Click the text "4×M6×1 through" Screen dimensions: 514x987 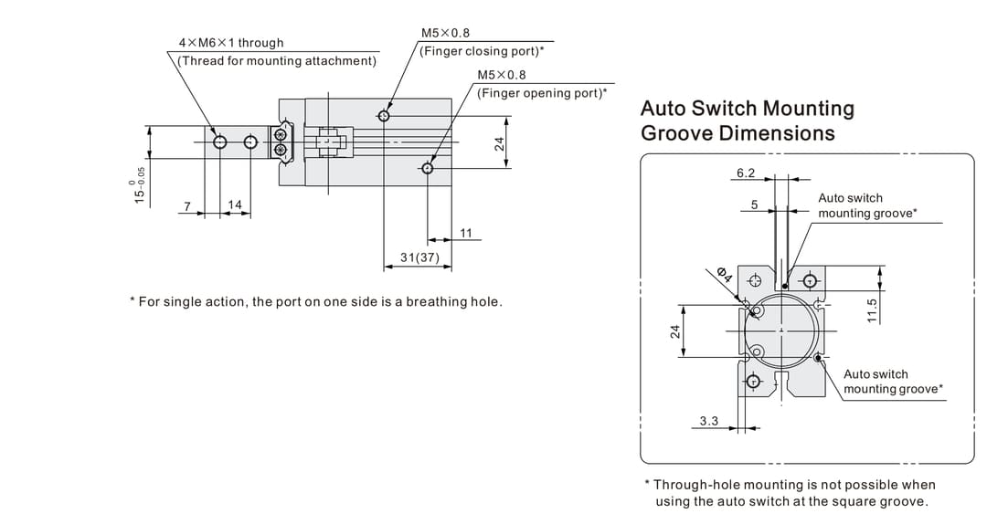pyautogui.click(x=230, y=43)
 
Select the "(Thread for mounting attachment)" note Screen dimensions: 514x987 pyautogui.click(x=277, y=61)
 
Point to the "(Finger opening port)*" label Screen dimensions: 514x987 pyautogui.click(x=541, y=93)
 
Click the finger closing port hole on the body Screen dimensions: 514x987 pyautogui.click(x=385, y=115)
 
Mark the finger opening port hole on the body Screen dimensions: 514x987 pyautogui.click(x=428, y=168)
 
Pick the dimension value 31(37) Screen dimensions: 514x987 pyautogui.click(x=419, y=258)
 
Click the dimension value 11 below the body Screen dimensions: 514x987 pyautogui.click(x=466, y=234)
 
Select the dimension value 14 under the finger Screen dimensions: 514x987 pyautogui.click(x=235, y=205)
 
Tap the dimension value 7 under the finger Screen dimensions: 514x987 pyautogui.click(x=187, y=205)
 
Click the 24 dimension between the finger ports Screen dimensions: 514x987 pyautogui.click(x=500, y=143)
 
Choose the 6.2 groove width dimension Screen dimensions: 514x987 pyautogui.click(x=746, y=173)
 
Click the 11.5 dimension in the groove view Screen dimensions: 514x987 pyautogui.click(x=872, y=310)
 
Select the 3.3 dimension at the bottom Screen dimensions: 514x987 pyautogui.click(x=709, y=421)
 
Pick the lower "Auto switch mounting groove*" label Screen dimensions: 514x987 pyautogui.click(x=893, y=382)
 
